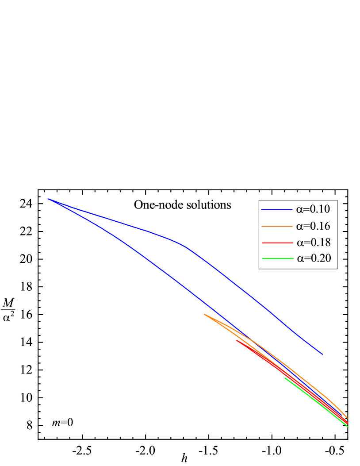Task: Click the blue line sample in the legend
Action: point(276,209)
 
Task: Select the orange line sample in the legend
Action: point(276,226)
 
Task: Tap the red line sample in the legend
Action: point(277,243)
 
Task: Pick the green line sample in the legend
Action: point(277,258)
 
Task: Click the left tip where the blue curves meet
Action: point(48,199)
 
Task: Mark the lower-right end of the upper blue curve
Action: point(322,354)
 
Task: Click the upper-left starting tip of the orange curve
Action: point(204,314)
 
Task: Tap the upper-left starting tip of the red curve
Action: point(237,340)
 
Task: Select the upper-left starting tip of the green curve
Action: point(284,377)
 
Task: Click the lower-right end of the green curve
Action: point(348,427)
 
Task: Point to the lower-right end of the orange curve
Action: point(348,418)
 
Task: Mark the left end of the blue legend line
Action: point(261,209)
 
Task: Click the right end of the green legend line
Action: point(293,258)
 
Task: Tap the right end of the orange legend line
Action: point(292,226)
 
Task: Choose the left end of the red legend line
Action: point(262,243)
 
